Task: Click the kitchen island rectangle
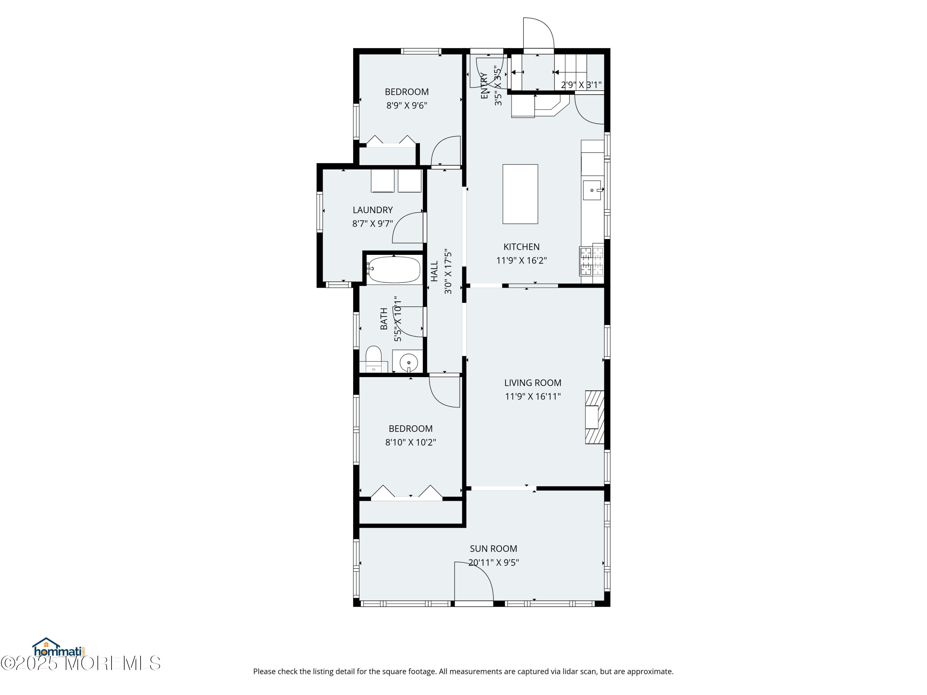click(520, 194)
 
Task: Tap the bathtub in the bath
click(394, 269)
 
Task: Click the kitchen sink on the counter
click(592, 190)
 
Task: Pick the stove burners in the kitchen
click(592, 261)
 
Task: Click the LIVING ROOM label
click(533, 382)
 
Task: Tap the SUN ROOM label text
click(493, 548)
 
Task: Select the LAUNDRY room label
click(373, 210)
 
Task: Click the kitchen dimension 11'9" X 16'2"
click(521, 260)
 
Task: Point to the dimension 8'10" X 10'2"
click(411, 442)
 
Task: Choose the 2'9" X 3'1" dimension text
click(581, 85)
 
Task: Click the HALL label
click(434, 271)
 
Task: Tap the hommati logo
click(59, 648)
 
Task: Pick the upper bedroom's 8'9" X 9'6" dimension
click(407, 105)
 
